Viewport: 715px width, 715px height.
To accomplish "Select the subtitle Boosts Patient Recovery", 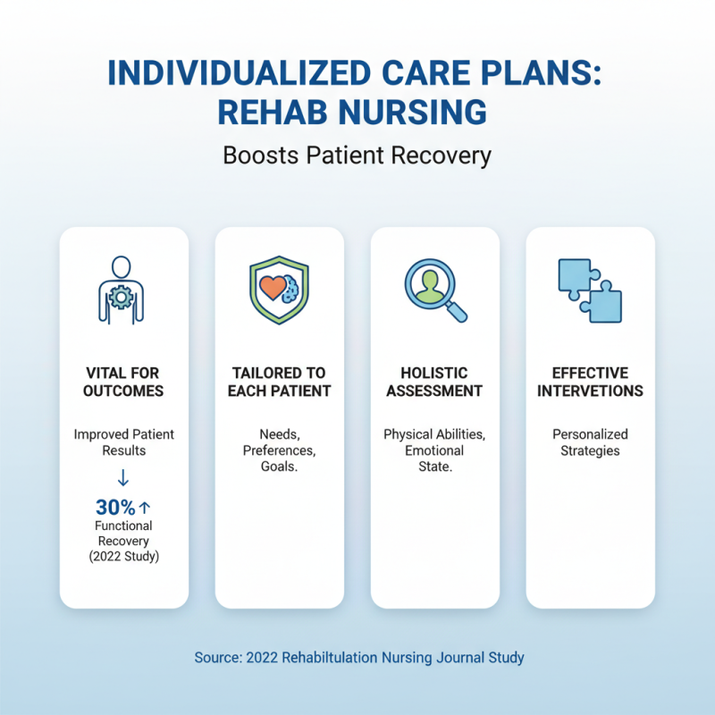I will coord(357,156).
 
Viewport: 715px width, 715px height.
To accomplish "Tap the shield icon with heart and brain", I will coord(279,289).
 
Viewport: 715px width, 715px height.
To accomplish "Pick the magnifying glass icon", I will coord(434,289).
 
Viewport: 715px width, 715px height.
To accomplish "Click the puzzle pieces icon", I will coord(590,289).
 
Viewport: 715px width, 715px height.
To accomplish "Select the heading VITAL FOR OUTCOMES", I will coord(123,382).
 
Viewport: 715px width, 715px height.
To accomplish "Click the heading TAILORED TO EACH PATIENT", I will coord(279,382).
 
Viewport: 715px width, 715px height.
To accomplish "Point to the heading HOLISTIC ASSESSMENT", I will coord(434,382).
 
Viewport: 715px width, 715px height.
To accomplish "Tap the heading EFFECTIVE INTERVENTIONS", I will coord(590,382).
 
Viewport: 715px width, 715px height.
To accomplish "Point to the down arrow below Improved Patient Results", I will coord(123,475).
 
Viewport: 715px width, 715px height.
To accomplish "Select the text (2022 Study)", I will coord(123,557).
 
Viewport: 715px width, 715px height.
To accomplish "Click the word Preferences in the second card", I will coord(279,450).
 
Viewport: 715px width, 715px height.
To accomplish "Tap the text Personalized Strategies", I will coord(590,442).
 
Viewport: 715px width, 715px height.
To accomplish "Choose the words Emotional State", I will coord(434,459).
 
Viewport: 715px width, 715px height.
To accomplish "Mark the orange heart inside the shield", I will coord(272,288).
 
